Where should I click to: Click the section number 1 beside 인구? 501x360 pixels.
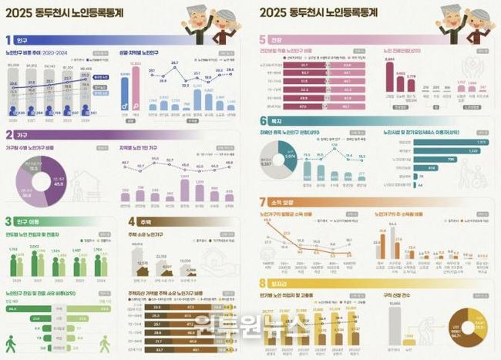(8, 39)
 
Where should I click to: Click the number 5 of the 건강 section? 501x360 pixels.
(264, 39)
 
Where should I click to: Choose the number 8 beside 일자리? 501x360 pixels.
(264, 282)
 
